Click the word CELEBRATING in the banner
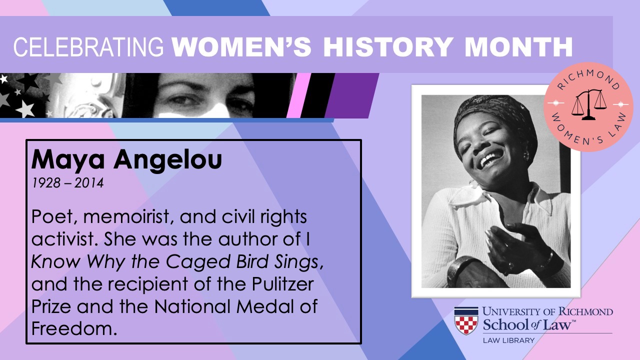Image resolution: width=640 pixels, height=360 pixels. click(x=88, y=47)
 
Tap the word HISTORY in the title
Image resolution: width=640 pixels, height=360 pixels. click(x=388, y=47)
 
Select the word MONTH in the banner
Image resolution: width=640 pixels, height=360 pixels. click(x=518, y=47)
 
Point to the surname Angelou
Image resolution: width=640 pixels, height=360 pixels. click(x=167, y=160)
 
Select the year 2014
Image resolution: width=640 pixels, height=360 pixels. click(x=89, y=183)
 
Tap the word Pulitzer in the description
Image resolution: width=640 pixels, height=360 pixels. click(x=282, y=284)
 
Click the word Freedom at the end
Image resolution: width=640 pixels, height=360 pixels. click(x=74, y=328)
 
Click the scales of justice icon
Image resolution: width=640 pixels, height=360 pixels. click(x=589, y=104)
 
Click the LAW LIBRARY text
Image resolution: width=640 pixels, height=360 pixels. click(x=508, y=340)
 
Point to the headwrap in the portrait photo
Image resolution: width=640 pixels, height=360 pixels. click(x=494, y=114)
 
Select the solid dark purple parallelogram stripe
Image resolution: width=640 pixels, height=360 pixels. click(x=352, y=95)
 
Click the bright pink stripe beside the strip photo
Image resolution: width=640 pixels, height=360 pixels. click(x=298, y=95)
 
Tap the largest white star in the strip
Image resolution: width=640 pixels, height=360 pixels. click(x=25, y=109)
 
